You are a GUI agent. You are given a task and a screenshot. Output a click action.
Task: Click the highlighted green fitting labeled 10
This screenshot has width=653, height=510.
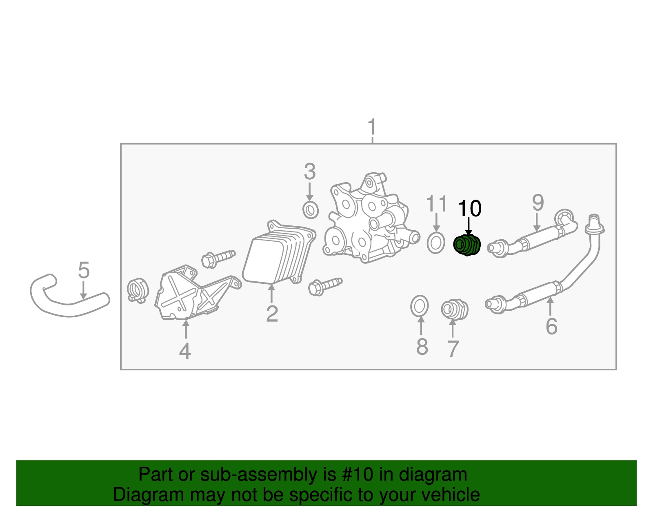click(x=467, y=245)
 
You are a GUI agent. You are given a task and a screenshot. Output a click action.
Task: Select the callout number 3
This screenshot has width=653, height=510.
click(x=310, y=171)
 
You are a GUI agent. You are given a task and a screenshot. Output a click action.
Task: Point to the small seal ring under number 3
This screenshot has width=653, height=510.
click(x=311, y=210)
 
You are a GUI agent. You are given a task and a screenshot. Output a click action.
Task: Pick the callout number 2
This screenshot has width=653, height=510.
click(x=272, y=314)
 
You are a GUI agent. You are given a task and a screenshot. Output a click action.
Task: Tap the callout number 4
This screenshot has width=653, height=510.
click(x=185, y=351)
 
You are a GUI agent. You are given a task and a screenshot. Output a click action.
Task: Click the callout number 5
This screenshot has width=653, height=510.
click(x=84, y=270)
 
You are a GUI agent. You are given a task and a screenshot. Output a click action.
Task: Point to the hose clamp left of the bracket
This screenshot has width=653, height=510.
click(x=137, y=290)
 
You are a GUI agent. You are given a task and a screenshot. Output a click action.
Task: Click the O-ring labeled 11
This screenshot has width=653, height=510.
click(x=436, y=243)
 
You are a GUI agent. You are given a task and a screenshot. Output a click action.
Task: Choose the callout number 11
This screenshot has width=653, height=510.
click(x=436, y=204)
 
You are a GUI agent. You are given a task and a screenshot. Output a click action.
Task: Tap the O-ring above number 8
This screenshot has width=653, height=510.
click(x=420, y=306)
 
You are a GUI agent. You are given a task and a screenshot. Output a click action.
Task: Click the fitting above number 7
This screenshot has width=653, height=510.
click(x=454, y=309)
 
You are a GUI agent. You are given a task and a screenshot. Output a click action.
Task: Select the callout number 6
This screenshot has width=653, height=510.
click(x=551, y=326)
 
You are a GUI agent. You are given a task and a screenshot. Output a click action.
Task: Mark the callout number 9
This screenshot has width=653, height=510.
click(x=538, y=203)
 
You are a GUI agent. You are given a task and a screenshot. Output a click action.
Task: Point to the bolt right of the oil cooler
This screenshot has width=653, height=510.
click(x=325, y=286)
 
